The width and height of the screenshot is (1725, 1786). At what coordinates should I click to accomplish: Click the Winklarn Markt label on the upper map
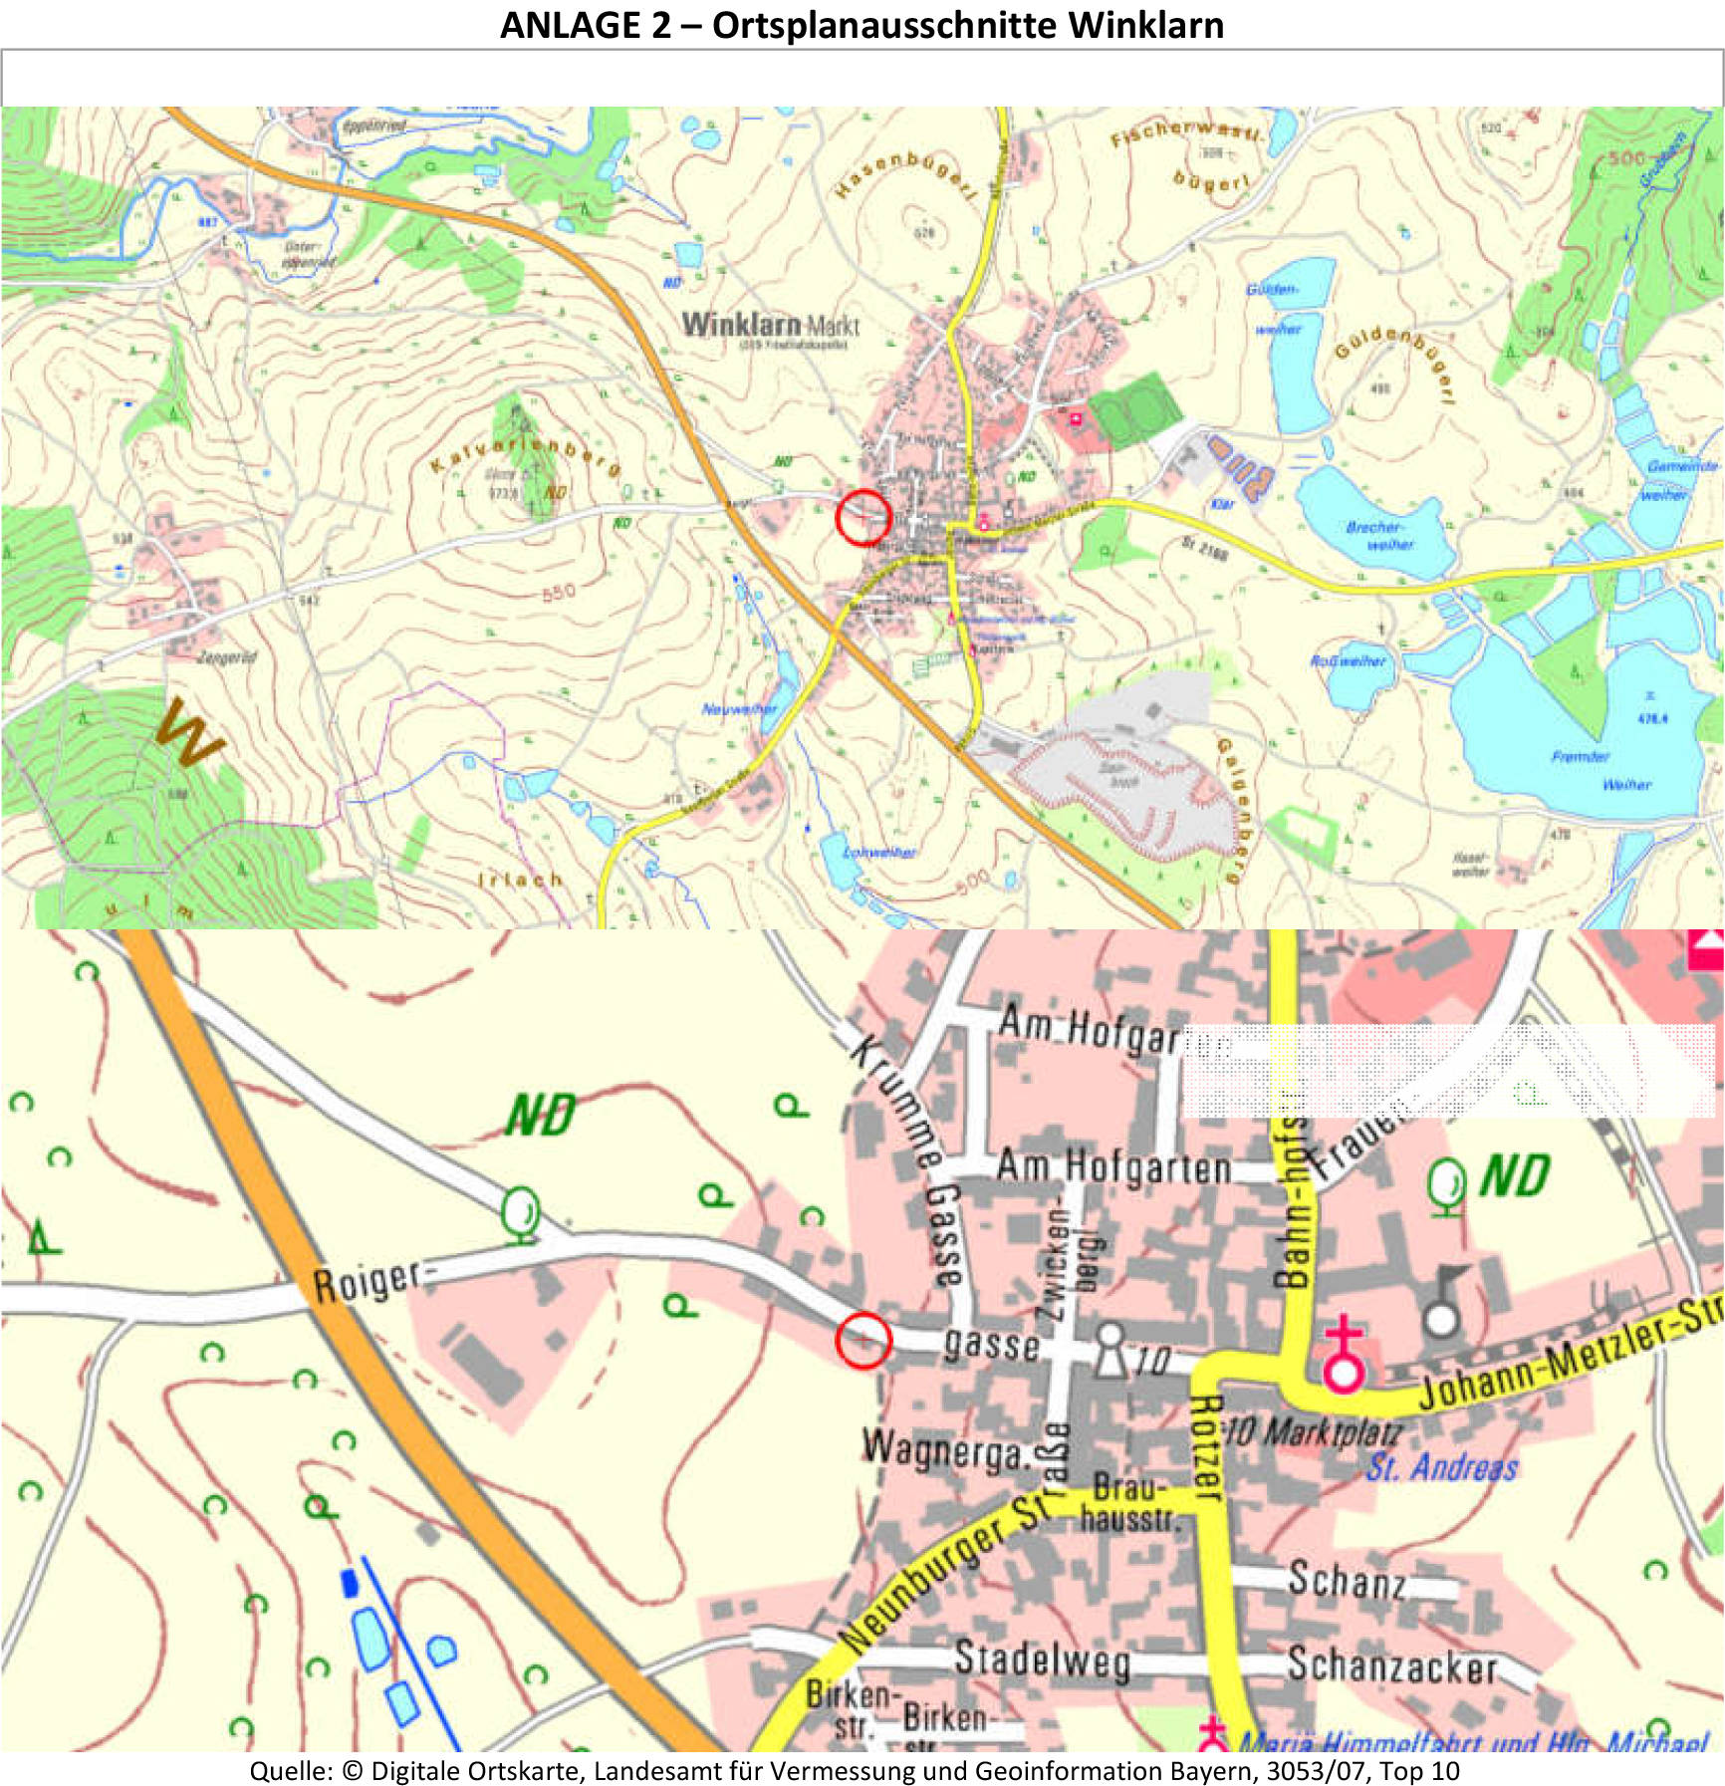[770, 325]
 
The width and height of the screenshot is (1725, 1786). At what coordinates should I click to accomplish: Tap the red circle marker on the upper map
[862, 517]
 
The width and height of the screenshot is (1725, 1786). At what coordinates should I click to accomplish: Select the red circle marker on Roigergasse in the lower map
[862, 1340]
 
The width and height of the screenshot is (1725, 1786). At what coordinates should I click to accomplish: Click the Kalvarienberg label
[525, 454]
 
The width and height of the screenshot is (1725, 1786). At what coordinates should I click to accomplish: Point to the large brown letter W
[189, 734]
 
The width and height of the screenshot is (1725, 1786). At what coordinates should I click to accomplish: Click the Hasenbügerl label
[905, 172]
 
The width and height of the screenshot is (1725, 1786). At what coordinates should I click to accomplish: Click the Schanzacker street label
[1391, 1664]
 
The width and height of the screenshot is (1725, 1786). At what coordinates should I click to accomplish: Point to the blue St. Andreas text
[1441, 1467]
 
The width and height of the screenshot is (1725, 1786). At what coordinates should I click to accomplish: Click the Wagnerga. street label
[945, 1449]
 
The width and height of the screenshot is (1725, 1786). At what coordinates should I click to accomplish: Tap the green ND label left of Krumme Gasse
[540, 1115]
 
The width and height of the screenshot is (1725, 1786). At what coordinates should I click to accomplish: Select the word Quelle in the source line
[290, 1771]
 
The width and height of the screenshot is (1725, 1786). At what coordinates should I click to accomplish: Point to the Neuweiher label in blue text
[738, 709]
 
